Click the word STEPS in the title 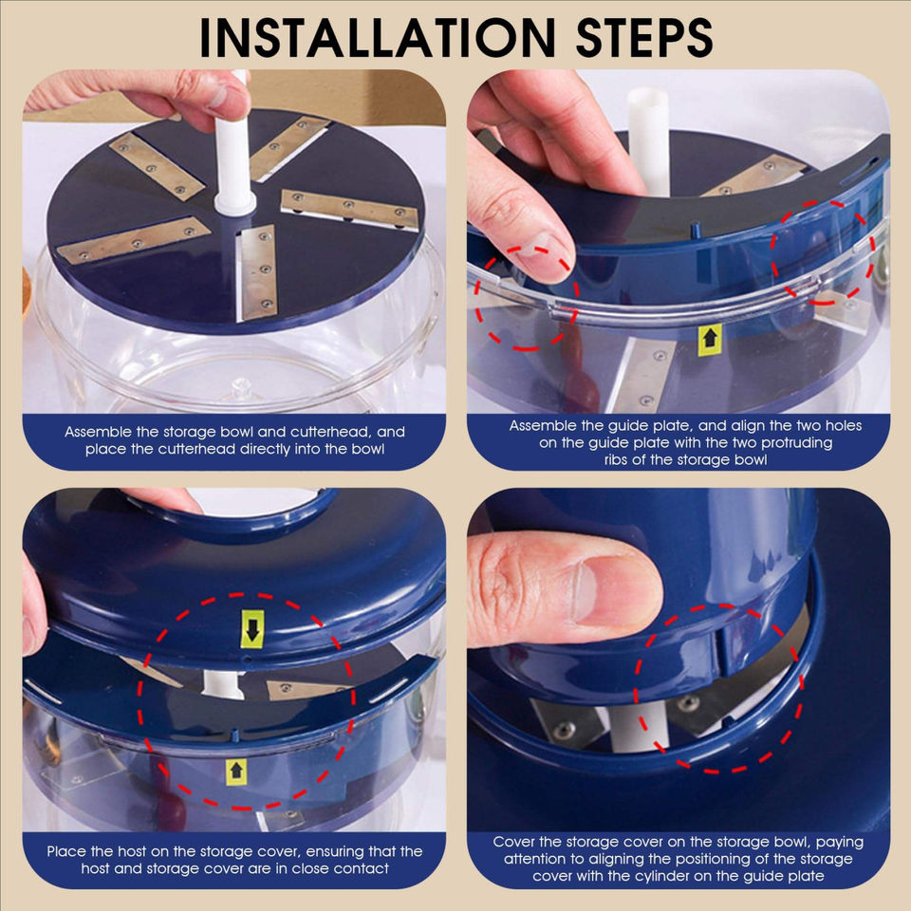click(644, 37)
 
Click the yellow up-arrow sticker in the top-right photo click(710, 340)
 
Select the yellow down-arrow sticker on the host click(252, 629)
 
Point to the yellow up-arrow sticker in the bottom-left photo click(236, 772)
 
